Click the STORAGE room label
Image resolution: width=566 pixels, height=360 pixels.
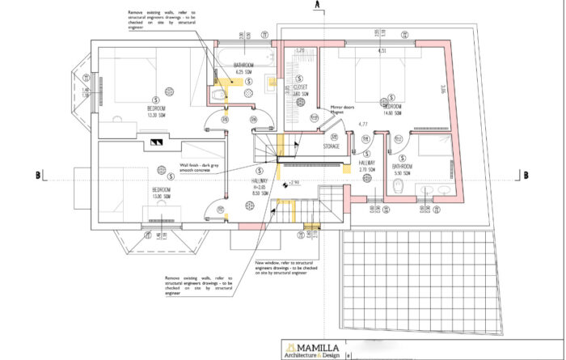tap(330, 147)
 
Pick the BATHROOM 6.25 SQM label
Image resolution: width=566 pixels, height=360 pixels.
tap(244, 69)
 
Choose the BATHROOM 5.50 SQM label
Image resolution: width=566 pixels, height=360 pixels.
tap(401, 169)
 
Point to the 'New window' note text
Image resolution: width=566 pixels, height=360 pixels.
tap(281, 267)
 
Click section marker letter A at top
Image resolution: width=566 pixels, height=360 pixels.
tap(319, 5)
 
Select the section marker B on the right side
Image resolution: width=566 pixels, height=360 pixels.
tap(526, 175)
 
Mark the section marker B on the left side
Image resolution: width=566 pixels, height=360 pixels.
tap(38, 175)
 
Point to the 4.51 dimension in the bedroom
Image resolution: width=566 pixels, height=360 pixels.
tap(382, 52)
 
